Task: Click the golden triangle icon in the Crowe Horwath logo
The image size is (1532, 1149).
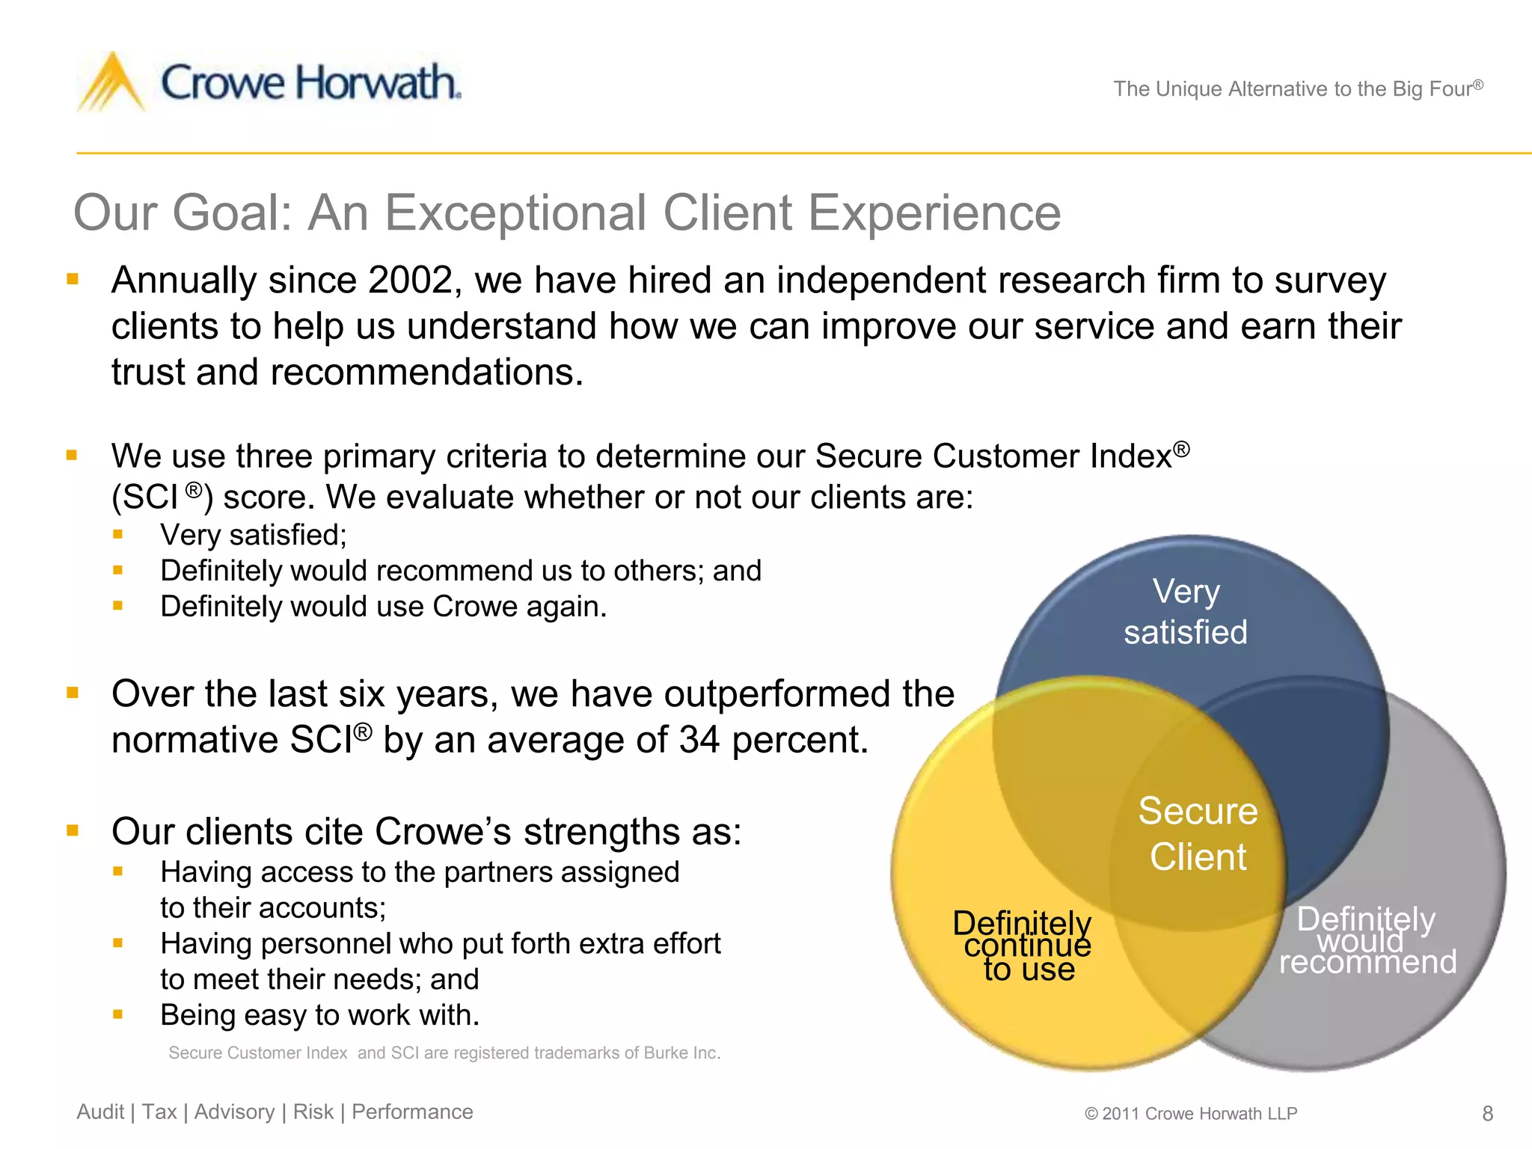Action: [x=112, y=84]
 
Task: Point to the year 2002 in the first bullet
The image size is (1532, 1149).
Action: [x=410, y=281]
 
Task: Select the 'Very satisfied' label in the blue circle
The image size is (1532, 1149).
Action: [x=1186, y=612]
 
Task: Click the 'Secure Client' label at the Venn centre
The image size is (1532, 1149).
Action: [x=1198, y=833]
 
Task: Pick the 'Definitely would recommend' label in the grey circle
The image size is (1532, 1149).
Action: [x=1367, y=941]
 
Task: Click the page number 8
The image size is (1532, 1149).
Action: [x=1487, y=1114]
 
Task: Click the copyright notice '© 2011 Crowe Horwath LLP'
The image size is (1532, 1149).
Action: [x=1191, y=1114]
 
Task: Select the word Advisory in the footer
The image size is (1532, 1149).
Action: [x=234, y=1112]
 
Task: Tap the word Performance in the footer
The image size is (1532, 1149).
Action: [x=412, y=1112]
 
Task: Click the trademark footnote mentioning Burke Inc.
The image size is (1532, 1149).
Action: [x=444, y=1053]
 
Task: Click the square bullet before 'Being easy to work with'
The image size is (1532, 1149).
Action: [x=117, y=1015]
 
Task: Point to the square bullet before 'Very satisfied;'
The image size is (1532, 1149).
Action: [x=117, y=535]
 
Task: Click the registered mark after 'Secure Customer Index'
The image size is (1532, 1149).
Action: [x=1181, y=449]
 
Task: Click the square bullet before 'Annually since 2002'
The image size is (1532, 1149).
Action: [x=73, y=280]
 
